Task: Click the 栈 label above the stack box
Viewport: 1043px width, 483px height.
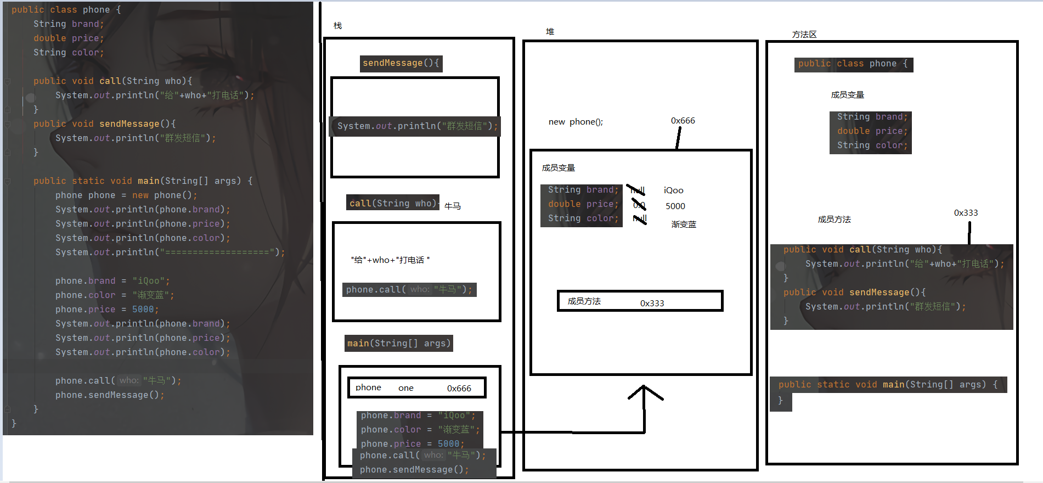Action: tap(337, 26)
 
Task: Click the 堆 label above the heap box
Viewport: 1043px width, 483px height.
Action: tap(550, 32)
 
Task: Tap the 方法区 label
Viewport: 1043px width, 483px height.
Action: tap(804, 35)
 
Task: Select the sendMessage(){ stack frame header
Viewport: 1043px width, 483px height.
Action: tap(401, 63)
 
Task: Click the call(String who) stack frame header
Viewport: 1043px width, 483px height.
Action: tap(392, 203)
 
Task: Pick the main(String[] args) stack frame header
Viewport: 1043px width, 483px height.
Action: tap(398, 344)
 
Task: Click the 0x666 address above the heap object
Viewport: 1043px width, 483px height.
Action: tap(683, 121)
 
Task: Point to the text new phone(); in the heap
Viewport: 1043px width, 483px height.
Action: tap(576, 122)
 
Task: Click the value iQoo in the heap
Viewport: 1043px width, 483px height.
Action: tap(673, 190)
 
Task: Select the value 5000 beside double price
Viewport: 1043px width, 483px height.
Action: tap(675, 206)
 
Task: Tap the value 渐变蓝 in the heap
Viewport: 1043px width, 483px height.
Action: tap(684, 224)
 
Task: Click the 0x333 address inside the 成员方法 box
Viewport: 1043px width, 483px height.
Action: tap(652, 304)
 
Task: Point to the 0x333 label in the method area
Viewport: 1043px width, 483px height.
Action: tap(966, 213)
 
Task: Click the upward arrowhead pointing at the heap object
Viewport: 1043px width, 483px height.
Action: tap(645, 390)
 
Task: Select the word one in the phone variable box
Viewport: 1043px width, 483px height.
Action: tap(405, 388)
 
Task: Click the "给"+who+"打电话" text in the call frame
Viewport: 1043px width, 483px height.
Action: tap(390, 260)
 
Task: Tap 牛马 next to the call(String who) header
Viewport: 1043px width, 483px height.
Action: tap(452, 206)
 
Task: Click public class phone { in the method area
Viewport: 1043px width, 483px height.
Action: tap(853, 64)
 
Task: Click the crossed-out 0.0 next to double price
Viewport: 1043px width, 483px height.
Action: tap(639, 205)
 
